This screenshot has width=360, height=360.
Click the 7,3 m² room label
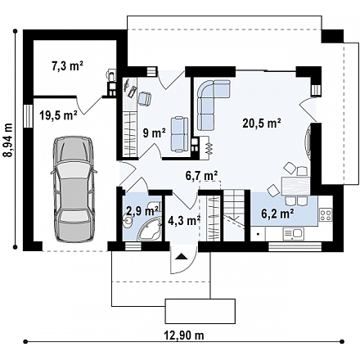click(x=67, y=66)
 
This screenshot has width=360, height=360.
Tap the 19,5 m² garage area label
click(x=58, y=116)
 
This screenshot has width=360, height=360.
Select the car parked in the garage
click(x=74, y=189)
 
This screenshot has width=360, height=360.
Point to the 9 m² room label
click(x=155, y=133)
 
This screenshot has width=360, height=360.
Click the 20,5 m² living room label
click(x=262, y=124)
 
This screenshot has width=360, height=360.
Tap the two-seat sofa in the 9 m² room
click(x=179, y=134)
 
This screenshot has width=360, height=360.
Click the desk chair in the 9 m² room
click(x=145, y=98)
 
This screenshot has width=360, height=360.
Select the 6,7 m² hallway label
click(x=202, y=175)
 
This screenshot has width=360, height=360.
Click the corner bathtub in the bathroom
click(x=150, y=231)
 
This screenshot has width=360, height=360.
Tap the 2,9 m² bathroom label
click(x=142, y=210)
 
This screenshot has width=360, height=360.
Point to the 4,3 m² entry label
click(x=184, y=220)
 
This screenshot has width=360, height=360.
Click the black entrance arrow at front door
click(x=182, y=257)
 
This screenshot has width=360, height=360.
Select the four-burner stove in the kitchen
click(x=326, y=214)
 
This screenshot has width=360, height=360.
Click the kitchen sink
click(x=293, y=234)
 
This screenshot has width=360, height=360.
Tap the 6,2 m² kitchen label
click(x=277, y=214)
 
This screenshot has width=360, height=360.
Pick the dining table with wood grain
click(x=295, y=187)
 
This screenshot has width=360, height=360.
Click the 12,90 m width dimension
click(x=184, y=335)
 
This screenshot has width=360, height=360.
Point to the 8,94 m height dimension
click(x=8, y=140)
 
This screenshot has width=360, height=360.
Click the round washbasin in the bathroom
click(x=128, y=220)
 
